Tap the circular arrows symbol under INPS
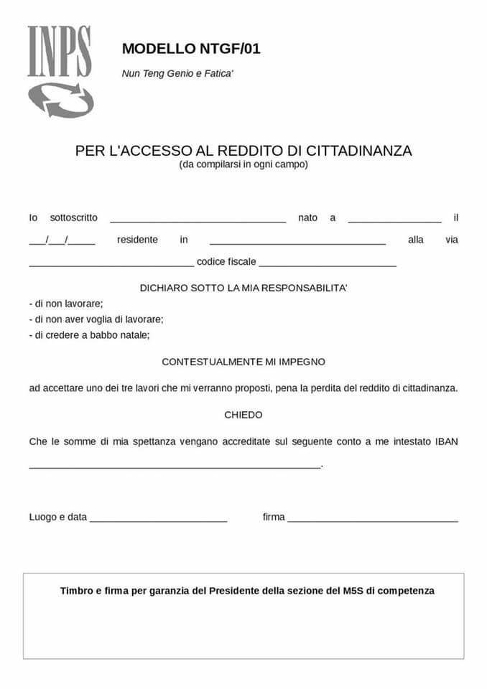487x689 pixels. (x=61, y=99)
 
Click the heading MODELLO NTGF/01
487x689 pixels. (x=191, y=49)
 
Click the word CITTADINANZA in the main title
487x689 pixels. (x=359, y=151)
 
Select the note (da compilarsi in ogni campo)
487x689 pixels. (x=243, y=164)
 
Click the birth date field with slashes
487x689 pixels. (x=62, y=241)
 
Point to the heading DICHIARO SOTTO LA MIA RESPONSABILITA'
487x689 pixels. (x=243, y=288)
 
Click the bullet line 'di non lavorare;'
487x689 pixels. (x=66, y=304)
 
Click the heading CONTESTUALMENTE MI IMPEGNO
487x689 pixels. (x=243, y=362)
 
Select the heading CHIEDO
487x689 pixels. (x=243, y=415)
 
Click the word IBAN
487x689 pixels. (x=446, y=441)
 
